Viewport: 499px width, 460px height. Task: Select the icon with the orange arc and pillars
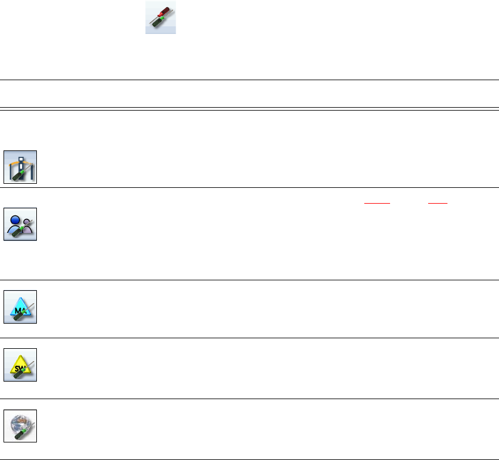pyautogui.click(x=20, y=167)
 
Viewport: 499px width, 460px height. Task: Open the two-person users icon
pyautogui.click(x=20, y=224)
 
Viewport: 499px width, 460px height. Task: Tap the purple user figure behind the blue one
pyautogui.click(x=28, y=224)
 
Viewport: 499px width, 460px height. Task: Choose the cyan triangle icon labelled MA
pyautogui.click(x=20, y=307)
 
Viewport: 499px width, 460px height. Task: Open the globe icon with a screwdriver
pyautogui.click(x=20, y=425)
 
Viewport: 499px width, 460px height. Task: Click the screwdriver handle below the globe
pyautogui.click(x=18, y=434)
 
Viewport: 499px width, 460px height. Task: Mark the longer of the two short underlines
pyautogui.click(x=377, y=201)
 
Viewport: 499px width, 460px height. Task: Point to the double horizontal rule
pyautogui.click(x=249, y=108)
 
